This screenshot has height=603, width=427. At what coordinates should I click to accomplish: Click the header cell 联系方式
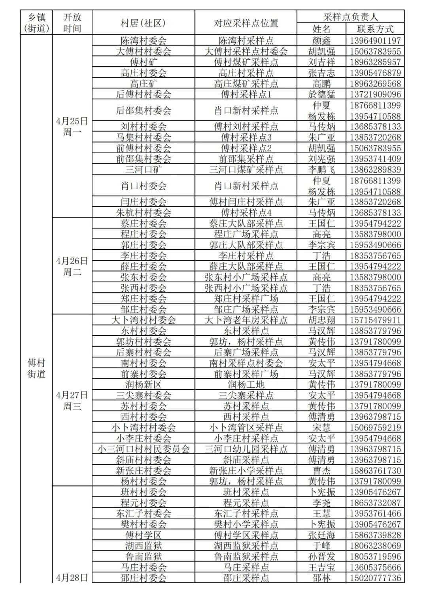point(375,29)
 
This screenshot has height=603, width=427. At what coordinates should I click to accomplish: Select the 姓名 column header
point(321,29)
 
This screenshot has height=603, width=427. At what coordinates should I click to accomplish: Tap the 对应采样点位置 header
point(246,23)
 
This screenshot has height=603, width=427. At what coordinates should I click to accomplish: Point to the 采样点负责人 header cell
point(350,17)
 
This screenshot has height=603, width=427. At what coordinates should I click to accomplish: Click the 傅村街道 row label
point(36,368)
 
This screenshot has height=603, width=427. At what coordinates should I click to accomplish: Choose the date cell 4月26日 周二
point(72,266)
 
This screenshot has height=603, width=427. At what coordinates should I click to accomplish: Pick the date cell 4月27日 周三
point(72,400)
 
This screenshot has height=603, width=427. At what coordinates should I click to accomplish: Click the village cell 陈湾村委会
point(143,41)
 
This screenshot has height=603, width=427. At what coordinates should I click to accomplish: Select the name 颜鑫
point(321,41)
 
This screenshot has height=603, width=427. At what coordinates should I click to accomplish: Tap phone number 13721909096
point(375,94)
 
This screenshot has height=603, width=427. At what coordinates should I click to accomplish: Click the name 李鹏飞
point(321,170)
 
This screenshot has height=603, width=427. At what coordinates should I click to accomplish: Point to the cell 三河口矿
point(143,170)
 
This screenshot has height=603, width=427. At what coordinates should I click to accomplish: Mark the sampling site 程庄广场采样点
point(246,234)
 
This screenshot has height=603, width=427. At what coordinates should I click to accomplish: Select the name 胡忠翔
point(321,320)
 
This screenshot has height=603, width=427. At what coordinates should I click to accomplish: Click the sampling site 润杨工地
point(246,385)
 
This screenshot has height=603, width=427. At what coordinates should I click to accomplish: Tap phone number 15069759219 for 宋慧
point(375,428)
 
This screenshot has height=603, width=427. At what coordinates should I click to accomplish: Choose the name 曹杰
point(321,471)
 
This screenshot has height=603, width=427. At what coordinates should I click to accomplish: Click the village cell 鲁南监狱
point(143,557)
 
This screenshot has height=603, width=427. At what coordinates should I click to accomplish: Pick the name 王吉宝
point(321,567)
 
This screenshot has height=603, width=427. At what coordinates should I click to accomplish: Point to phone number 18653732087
point(375,503)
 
